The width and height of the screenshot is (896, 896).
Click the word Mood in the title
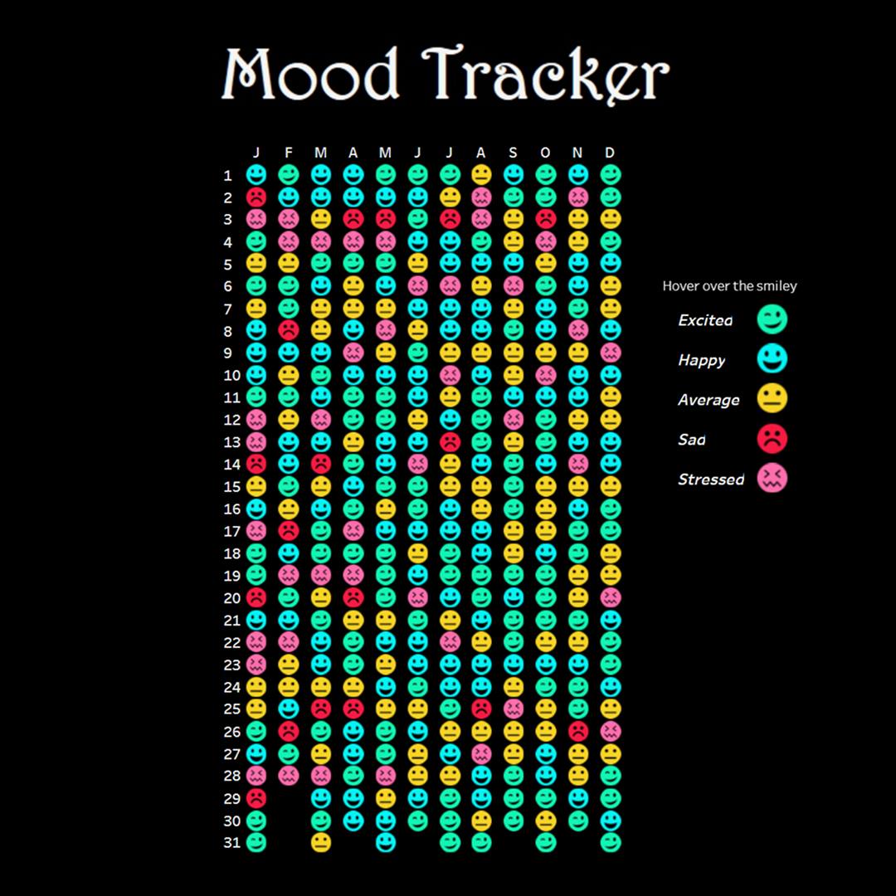point(310,75)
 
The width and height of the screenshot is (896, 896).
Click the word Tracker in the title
point(548,75)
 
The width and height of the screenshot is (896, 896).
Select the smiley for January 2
point(256,197)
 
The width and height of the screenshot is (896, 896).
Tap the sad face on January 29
point(256,798)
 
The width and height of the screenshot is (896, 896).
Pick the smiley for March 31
point(320,842)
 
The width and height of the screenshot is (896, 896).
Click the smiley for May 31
point(385,842)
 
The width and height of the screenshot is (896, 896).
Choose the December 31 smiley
point(610,842)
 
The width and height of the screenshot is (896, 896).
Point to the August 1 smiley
point(481,175)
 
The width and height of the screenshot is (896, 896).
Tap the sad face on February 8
point(289,330)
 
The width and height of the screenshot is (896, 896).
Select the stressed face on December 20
point(610,597)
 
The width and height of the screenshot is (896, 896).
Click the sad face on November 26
point(578,731)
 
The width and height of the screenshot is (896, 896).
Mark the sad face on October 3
point(545,219)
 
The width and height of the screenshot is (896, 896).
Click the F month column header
point(289,153)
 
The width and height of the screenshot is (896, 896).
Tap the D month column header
point(610,153)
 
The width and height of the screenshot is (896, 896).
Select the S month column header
point(514,153)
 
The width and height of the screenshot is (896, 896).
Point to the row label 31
point(231,843)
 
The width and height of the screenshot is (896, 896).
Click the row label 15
point(231,486)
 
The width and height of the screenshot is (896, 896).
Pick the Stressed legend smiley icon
point(772,479)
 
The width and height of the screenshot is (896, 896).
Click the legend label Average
point(709,400)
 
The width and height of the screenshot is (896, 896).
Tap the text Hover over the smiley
point(729,286)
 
